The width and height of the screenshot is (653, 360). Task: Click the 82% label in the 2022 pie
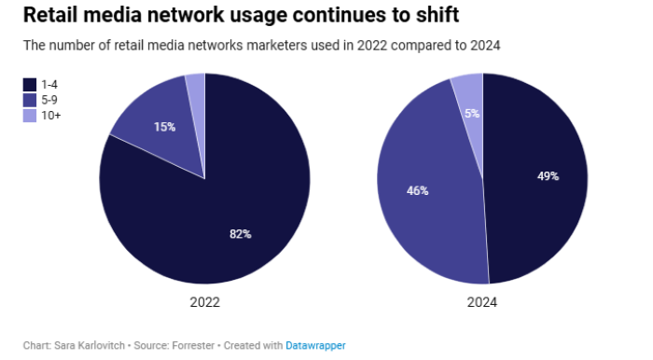point(241,234)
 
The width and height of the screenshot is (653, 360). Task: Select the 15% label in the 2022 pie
point(165,127)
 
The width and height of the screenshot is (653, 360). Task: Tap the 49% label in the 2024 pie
point(548,175)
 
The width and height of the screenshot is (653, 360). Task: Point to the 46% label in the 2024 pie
point(417,190)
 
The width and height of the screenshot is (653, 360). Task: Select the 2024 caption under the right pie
point(482,303)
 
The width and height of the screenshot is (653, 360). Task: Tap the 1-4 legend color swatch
point(29,84)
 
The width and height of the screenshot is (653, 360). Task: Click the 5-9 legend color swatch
point(29,100)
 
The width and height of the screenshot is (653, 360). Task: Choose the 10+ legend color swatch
point(29,115)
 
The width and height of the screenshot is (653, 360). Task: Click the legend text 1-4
point(49,84)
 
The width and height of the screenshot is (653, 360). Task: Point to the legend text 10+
point(51,115)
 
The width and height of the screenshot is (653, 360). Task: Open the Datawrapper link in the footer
point(315,345)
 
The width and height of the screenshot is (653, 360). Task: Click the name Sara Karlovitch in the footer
point(90,345)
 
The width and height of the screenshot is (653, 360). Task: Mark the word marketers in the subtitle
point(228,46)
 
